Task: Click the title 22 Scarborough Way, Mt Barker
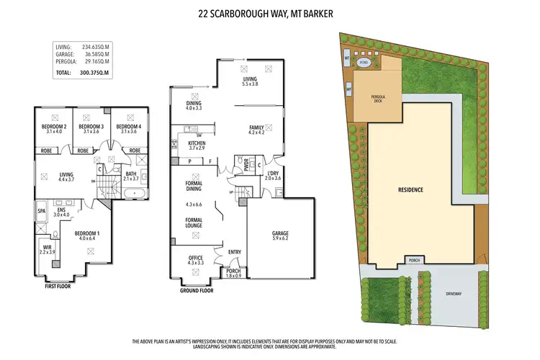click(270, 13)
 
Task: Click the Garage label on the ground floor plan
click(280, 233)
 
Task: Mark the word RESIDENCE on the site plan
click(411, 190)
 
